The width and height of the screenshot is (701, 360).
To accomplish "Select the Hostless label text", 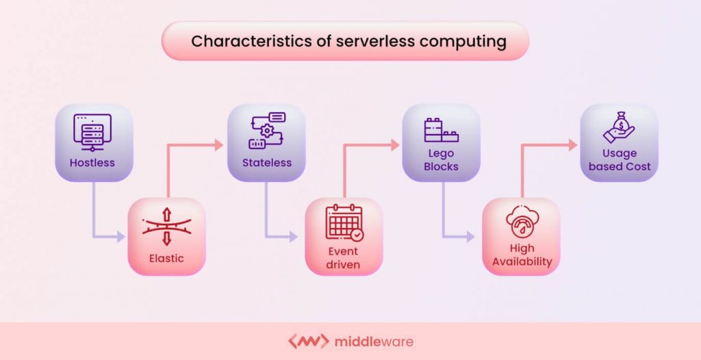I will (92, 163).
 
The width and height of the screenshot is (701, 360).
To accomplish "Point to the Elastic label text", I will (166, 258).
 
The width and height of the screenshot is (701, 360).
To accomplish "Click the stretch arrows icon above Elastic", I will (166, 227).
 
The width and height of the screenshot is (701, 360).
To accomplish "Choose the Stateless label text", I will (266, 163).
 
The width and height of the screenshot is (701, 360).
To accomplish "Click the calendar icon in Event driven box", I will (344, 223).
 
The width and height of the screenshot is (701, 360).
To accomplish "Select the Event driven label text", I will (344, 258).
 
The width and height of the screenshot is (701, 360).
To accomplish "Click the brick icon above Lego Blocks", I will (441, 131).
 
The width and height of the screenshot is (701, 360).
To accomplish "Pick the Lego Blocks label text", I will (441, 159).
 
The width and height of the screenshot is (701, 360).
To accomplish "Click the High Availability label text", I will (522, 255).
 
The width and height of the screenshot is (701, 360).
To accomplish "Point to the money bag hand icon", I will (619, 129).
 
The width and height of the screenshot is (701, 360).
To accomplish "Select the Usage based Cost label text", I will (619, 159).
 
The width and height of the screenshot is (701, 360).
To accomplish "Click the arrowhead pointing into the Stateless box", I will (218, 144).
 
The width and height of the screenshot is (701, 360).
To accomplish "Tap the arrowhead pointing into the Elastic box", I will (121, 237).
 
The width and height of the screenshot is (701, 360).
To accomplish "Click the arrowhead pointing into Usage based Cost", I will (572, 144).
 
